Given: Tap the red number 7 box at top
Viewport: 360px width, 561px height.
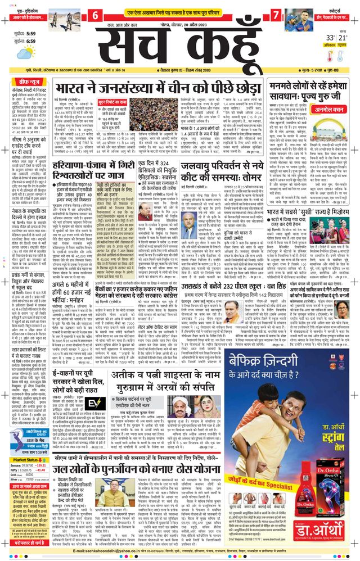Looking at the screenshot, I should tap(275, 13).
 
